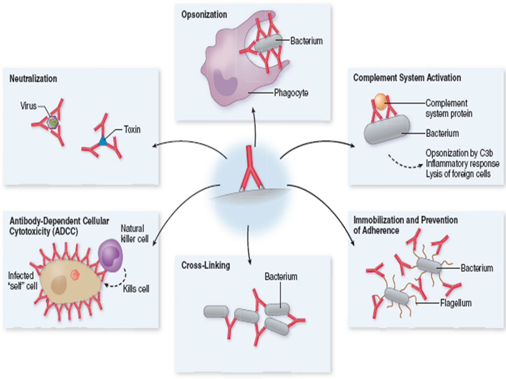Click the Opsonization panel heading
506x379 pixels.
pyautogui.click(x=204, y=14)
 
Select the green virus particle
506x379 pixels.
pyautogui.click(x=53, y=122)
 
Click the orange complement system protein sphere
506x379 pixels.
pyautogui.click(x=381, y=101)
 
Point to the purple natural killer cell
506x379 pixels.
pyautogui.click(x=110, y=255)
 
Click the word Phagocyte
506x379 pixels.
pyautogui.click(x=291, y=93)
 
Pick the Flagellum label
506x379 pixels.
pyautogui.click(x=455, y=303)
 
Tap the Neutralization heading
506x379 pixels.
pyautogui.click(x=33, y=78)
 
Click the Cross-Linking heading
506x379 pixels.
pyautogui.click(x=205, y=265)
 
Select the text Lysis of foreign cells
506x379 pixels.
pyautogui.click(x=458, y=174)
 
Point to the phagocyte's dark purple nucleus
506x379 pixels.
pyautogui.click(x=225, y=83)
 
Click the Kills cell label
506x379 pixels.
pyautogui.click(x=136, y=289)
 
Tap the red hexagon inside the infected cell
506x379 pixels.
pyautogui.click(x=75, y=274)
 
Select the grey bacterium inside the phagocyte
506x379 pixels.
pyautogui.click(x=268, y=43)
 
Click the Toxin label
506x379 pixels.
pyautogui.click(x=132, y=129)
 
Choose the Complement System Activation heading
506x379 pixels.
pyautogui.click(x=407, y=77)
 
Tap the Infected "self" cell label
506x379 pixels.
pyautogui.click(x=22, y=281)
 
